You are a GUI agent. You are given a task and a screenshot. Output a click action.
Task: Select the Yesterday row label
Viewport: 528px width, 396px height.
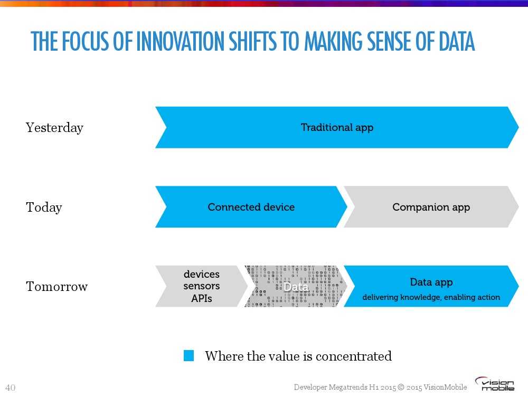[x=54, y=128]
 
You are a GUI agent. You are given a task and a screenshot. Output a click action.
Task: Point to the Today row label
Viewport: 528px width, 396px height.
[x=44, y=207]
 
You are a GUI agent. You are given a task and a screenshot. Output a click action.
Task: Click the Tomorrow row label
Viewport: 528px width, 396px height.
[x=57, y=287]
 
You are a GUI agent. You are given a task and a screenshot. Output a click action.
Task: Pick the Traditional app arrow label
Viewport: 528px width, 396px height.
[x=337, y=128]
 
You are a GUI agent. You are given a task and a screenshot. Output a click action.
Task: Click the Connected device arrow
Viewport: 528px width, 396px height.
[x=251, y=207]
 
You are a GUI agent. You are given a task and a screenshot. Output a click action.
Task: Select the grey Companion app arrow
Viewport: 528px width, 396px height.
[x=431, y=207]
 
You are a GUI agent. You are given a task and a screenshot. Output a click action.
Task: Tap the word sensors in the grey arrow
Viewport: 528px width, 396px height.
[x=202, y=286]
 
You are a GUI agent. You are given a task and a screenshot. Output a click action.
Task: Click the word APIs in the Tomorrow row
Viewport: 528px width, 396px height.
[x=202, y=298]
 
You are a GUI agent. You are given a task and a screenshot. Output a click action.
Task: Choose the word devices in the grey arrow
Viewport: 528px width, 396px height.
[x=202, y=274]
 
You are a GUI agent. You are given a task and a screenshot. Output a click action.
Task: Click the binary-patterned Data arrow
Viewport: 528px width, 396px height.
[x=296, y=286]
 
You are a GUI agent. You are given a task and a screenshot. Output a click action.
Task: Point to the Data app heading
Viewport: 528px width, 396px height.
[x=431, y=282]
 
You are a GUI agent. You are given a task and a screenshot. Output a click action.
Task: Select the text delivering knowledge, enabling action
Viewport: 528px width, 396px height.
[x=431, y=297]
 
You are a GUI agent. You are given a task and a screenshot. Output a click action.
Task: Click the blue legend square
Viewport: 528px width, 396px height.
[x=188, y=355]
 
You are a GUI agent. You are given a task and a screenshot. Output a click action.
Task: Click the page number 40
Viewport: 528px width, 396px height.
[x=11, y=388]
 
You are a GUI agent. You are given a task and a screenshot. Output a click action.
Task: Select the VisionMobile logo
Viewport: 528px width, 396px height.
[x=495, y=384]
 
